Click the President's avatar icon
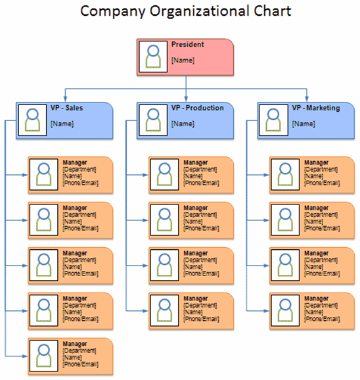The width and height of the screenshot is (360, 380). [153, 57]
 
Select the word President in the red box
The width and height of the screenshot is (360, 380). [188, 45]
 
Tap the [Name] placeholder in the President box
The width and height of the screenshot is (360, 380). [182, 60]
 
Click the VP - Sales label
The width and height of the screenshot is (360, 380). [67, 108]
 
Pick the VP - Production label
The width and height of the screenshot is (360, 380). [197, 108]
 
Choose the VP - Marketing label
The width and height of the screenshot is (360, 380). [316, 108]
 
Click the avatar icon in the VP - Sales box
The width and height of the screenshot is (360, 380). [32, 120]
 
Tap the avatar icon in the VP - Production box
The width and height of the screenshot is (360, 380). [153, 120]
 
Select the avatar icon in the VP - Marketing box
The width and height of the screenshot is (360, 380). [274, 120]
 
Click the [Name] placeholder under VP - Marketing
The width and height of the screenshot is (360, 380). [303, 124]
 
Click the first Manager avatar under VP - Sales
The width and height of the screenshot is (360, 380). [43, 175]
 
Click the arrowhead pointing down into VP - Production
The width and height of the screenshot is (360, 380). [186, 98]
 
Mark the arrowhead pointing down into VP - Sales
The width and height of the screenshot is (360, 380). [65, 98]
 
